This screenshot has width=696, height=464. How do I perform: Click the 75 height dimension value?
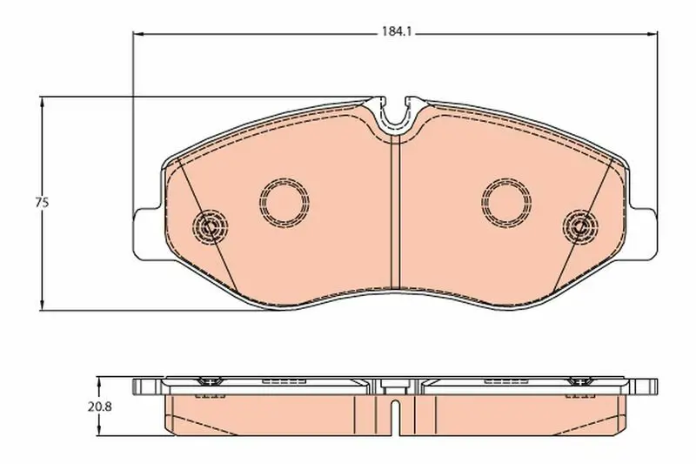(x=42, y=203)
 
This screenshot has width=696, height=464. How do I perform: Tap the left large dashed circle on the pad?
(x=284, y=202)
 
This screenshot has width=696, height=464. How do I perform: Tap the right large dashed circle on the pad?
(x=506, y=202)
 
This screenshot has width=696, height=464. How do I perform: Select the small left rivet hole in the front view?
(x=210, y=226)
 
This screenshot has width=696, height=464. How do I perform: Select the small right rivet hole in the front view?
(x=580, y=226)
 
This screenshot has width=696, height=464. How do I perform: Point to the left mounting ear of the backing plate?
(x=146, y=234)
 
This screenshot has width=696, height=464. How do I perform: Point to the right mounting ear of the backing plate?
(x=643, y=234)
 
